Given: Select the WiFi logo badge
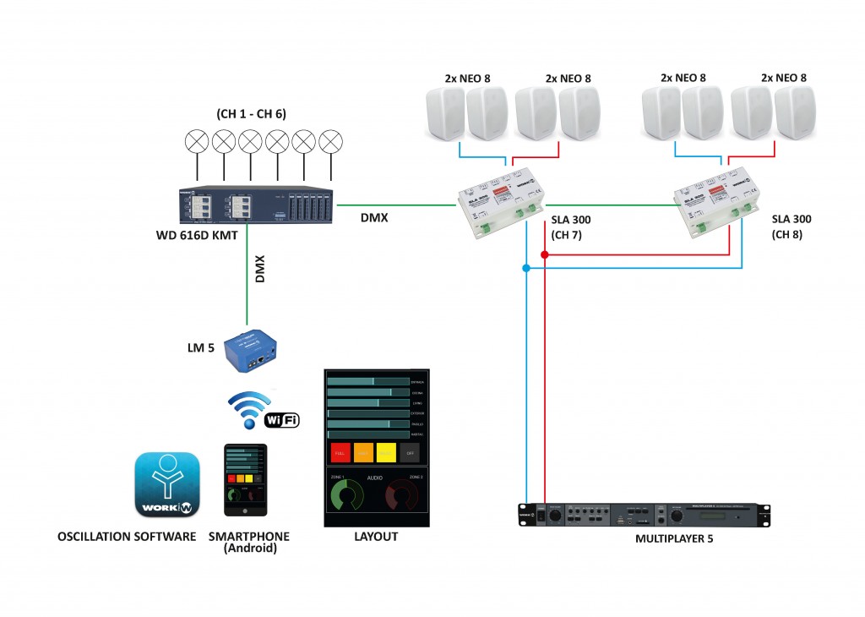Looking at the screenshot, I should click(282, 419).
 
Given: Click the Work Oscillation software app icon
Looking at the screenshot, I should click(167, 484).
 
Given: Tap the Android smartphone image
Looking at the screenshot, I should click(245, 481).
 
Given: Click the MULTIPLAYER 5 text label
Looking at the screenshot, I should click(674, 538).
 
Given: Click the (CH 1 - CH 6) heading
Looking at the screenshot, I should click(252, 114).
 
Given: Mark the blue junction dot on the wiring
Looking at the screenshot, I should click(525, 269).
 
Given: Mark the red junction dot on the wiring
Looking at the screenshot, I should click(545, 254).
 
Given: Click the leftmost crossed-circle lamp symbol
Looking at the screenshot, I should click(198, 141).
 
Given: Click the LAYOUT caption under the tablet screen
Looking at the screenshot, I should click(376, 537).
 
